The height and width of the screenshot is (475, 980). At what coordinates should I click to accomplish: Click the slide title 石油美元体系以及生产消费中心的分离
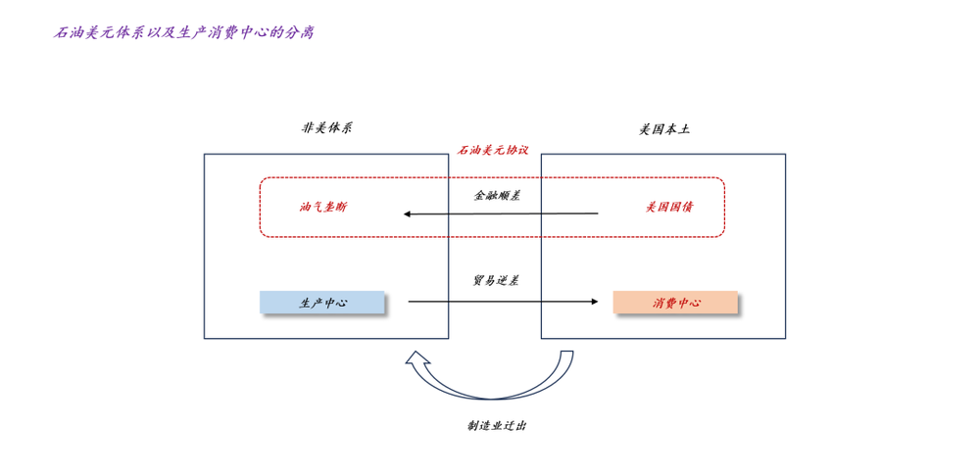[183, 32]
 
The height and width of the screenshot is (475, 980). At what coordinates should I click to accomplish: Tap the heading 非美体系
[326, 128]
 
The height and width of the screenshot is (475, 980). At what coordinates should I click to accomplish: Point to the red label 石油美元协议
[493, 150]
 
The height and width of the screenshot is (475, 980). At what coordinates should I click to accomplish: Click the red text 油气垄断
[322, 208]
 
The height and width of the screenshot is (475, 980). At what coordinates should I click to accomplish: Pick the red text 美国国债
[669, 207]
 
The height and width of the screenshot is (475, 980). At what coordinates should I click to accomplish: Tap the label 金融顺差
[497, 196]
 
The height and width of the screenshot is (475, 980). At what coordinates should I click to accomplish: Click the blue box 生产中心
[322, 303]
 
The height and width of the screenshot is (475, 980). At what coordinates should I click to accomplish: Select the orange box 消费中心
[675, 303]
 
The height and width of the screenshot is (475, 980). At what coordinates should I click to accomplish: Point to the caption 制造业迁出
[497, 425]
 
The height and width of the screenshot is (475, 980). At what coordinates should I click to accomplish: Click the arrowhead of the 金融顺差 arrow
[408, 214]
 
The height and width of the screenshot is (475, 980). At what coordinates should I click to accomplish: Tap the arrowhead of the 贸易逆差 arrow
[593, 302]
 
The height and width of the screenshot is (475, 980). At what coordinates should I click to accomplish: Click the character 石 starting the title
[60, 32]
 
